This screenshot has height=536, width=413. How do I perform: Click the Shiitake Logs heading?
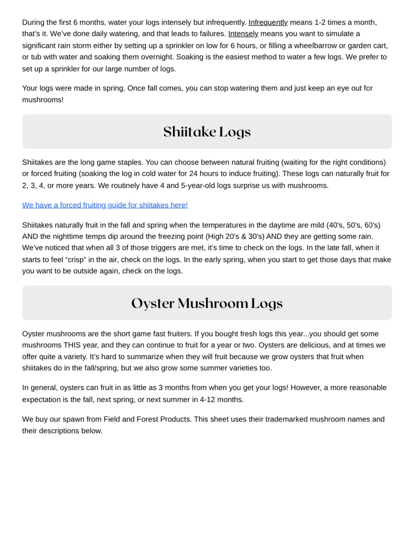207,132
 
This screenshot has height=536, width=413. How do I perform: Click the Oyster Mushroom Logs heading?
207,303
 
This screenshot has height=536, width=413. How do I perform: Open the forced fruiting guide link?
105,205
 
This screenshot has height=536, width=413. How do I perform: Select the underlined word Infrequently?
268,23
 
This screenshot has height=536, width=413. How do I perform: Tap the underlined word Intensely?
243,34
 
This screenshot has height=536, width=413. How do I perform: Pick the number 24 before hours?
193,174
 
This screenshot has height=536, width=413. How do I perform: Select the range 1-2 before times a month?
320,23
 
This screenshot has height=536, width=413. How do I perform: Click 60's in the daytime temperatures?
372,225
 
